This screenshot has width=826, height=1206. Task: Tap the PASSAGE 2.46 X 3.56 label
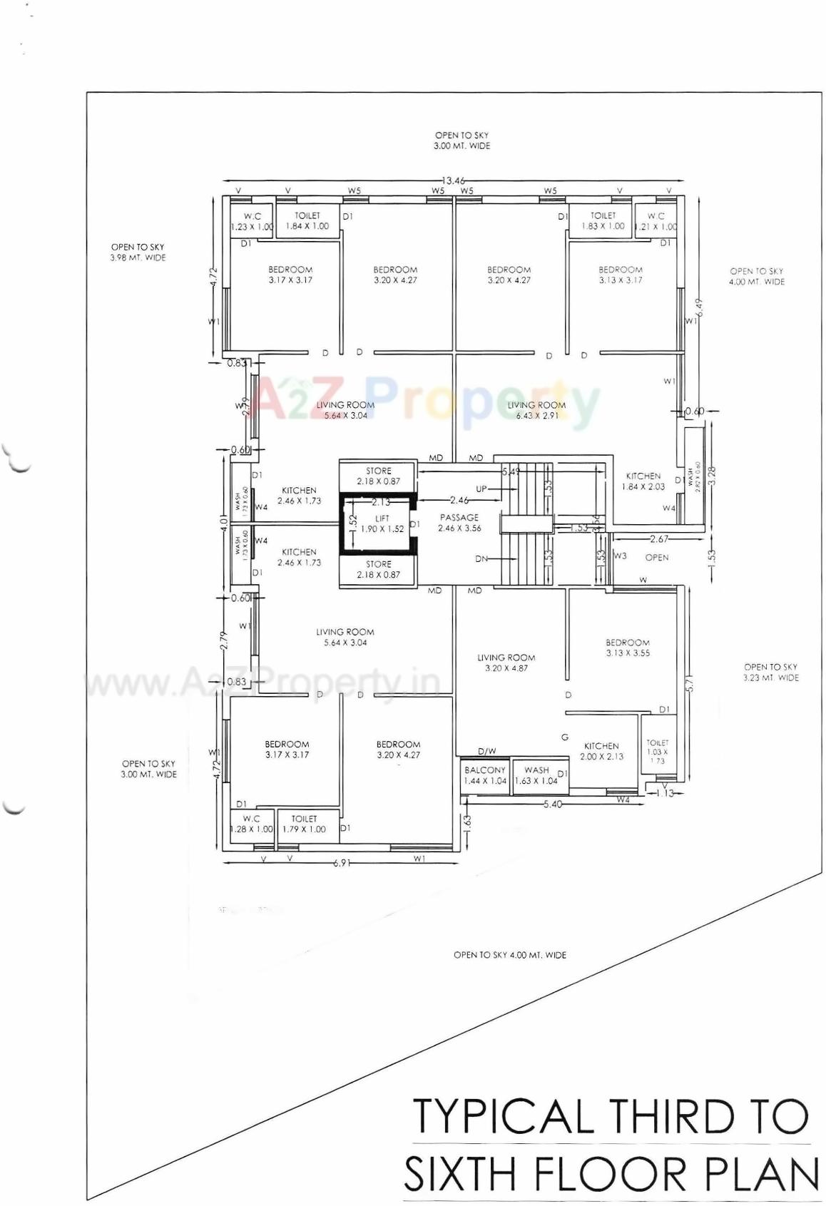point(459,523)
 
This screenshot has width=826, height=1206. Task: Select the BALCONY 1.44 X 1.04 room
point(485,775)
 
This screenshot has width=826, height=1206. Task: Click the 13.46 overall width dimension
point(454,180)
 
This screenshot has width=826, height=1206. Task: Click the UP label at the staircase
point(481,489)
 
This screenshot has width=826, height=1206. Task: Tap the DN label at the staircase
point(481,559)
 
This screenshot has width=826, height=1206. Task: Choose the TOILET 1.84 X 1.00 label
point(307,220)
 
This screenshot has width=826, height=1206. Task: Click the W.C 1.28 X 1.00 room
point(251,824)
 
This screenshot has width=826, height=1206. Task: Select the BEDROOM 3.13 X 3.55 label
point(628,648)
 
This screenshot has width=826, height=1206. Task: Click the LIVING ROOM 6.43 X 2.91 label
point(536,410)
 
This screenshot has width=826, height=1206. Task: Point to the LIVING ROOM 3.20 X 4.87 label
point(506,663)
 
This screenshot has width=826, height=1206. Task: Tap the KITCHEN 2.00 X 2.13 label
point(601,751)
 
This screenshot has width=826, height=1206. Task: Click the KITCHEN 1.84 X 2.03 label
point(643,481)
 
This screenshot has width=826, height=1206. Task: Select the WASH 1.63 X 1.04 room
point(536,775)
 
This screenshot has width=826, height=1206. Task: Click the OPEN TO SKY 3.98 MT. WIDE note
point(138,252)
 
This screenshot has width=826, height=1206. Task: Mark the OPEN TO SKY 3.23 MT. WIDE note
point(770,672)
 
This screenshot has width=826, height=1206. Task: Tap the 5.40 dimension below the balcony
point(553,804)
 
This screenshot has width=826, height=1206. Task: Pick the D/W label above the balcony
point(487,751)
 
